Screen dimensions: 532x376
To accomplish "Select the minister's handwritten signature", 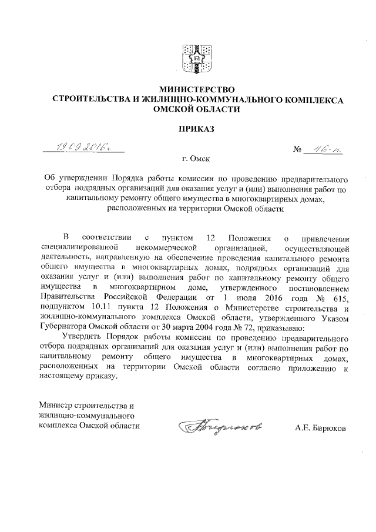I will tap(209, 424).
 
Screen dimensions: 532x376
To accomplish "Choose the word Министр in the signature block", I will tap(55, 406).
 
